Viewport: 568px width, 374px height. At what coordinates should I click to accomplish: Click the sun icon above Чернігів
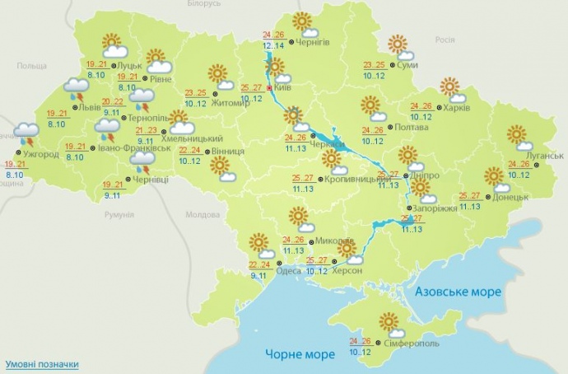point(304,23)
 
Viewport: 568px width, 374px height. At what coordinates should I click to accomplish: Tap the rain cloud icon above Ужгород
point(26,132)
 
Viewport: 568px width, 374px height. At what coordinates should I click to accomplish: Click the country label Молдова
point(201,214)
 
